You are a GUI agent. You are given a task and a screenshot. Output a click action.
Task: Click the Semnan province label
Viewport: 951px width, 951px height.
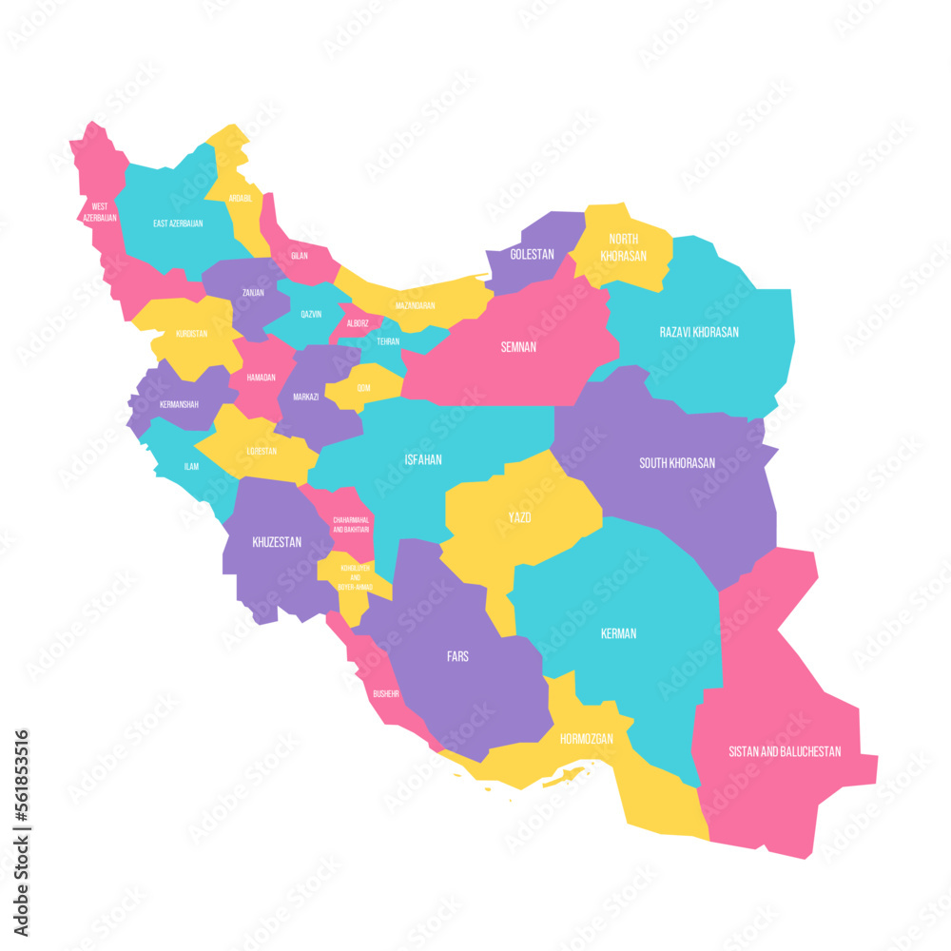pos(518,347)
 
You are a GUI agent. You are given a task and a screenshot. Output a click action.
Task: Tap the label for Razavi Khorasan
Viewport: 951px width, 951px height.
pos(699,332)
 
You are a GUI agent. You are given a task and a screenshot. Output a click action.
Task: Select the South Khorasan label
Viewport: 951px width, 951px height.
pos(677,463)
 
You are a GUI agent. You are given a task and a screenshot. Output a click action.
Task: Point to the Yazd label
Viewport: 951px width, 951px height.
pos(518,518)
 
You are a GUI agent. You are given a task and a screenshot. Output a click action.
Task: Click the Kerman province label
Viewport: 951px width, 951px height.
pos(619,633)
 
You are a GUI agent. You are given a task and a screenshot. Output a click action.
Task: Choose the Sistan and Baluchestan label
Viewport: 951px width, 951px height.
pos(785,751)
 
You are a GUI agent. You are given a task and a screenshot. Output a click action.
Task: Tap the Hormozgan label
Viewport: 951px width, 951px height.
pos(586,739)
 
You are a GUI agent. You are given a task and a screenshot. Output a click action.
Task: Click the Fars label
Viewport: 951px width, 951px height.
pos(457,656)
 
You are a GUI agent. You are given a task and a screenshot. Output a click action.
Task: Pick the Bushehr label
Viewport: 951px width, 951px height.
pos(386,693)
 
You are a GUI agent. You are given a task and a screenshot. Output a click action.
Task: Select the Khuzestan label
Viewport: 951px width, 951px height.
pos(277,542)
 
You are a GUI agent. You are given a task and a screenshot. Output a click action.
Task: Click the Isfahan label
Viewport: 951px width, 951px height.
pos(423,459)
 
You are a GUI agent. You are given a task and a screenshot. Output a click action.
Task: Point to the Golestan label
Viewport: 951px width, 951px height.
pos(533,255)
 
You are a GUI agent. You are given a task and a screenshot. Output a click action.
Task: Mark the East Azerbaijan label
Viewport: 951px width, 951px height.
pos(178,223)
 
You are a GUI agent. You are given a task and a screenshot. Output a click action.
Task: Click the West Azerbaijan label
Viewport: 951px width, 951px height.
pos(100,212)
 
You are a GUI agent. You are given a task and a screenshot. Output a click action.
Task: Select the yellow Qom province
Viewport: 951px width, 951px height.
pos(364,386)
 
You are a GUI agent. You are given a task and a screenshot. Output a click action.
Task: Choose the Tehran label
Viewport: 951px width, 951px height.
pos(388,340)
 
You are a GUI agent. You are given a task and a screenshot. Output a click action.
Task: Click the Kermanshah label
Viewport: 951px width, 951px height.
pos(179,404)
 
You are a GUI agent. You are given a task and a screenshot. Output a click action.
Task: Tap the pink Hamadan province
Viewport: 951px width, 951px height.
pos(261,378)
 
